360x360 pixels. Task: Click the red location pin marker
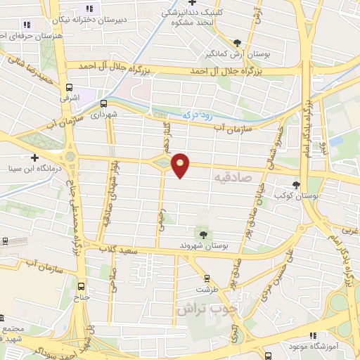coord(181,165)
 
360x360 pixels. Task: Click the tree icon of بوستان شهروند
coord(203,234)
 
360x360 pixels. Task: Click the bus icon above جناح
coord(82,286)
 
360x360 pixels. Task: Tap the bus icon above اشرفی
coord(68,89)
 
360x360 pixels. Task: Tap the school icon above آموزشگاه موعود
coord(313,336)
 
